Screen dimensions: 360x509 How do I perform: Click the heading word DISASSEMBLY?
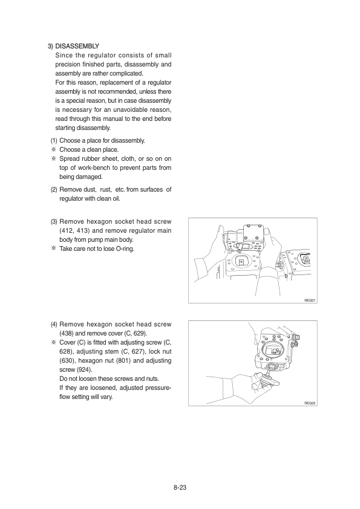click(77, 46)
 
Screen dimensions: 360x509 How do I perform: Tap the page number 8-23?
click(180, 487)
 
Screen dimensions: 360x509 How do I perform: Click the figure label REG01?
click(310, 300)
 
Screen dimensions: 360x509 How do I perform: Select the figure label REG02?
click(310, 403)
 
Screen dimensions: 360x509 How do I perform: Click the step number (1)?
click(54, 141)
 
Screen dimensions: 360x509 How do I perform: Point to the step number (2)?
click(54, 190)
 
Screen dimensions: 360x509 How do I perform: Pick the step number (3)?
click(54, 222)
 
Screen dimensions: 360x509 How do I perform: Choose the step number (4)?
click(54, 324)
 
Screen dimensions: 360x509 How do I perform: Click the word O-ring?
click(125, 249)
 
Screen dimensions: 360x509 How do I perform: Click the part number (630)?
click(67, 361)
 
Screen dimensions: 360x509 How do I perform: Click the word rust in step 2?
click(106, 190)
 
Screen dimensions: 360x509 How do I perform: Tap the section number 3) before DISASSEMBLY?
click(50, 46)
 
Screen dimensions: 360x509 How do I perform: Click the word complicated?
click(126, 73)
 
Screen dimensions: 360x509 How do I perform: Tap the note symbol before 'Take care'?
click(53, 248)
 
